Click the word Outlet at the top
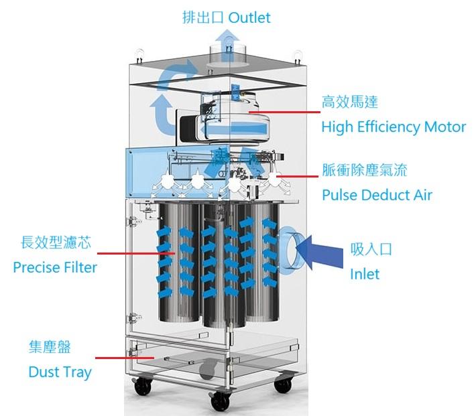[x=249, y=17]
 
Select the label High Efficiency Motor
[x=394, y=127]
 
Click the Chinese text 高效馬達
[x=349, y=102]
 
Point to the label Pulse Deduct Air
[x=377, y=195]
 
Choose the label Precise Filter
[x=55, y=267]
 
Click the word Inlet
[x=365, y=274]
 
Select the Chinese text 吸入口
[x=371, y=249]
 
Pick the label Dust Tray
[x=60, y=372]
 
